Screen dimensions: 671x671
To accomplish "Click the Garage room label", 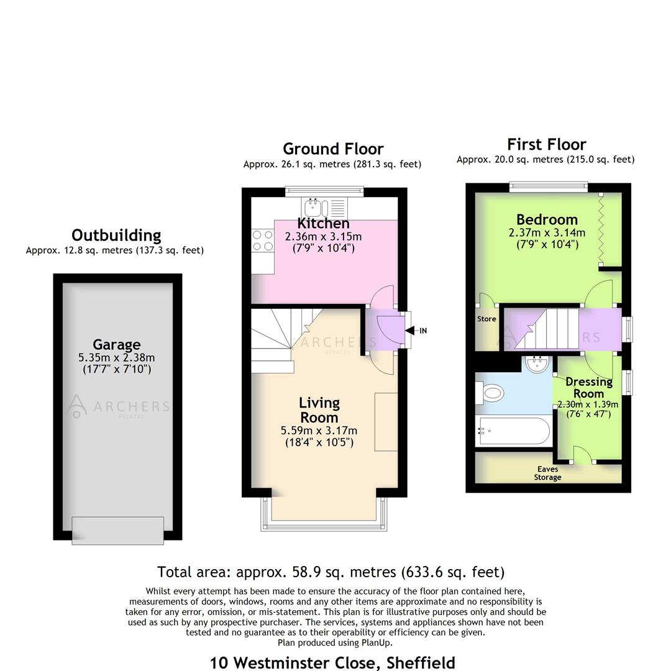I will point(116,344).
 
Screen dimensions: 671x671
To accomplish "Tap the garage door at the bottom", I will point(117,530).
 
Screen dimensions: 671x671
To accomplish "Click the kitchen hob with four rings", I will point(263,240).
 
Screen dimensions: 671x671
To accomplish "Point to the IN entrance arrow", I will point(418,331).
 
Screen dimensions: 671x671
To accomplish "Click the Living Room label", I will point(319,410).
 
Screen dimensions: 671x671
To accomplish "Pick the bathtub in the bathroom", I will point(513,431).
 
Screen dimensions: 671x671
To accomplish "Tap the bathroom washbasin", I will point(536,365).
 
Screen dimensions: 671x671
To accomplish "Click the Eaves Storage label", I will point(547,473).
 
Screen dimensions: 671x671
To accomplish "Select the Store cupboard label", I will point(486,319).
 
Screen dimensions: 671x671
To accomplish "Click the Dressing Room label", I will point(588,387).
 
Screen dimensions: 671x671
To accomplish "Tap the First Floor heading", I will point(546,145).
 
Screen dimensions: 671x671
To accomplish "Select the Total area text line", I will point(331,572).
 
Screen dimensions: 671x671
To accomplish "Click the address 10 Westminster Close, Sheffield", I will point(332,662).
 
